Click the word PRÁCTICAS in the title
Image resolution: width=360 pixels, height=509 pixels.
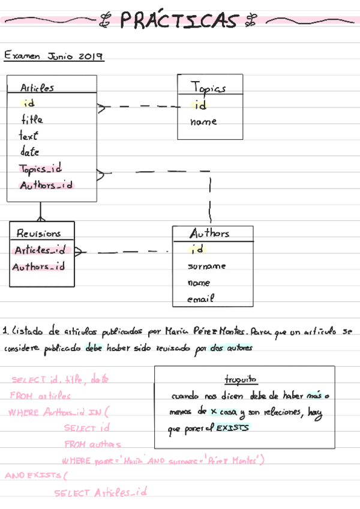[x=179, y=21]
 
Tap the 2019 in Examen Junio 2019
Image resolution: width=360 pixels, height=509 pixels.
[x=90, y=56]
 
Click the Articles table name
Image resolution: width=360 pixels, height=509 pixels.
[x=37, y=88]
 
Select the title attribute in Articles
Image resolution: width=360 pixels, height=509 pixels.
[x=32, y=119]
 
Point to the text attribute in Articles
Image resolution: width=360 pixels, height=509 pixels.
[x=28, y=136]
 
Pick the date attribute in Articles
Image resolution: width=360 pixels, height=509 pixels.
[x=29, y=152]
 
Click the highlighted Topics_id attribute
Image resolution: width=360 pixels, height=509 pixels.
[x=40, y=169]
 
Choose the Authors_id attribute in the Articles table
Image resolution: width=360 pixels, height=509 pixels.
[x=46, y=185]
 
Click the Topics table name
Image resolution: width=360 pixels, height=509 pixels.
[x=208, y=88]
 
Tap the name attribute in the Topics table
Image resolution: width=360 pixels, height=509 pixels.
[x=203, y=122]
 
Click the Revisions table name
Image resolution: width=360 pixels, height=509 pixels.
[x=38, y=233]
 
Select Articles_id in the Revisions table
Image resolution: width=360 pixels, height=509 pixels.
[x=40, y=250]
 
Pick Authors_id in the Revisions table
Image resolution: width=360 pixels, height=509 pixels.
[x=38, y=267]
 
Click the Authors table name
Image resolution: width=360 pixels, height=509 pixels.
[x=209, y=233]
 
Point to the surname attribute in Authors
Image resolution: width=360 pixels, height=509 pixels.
[x=206, y=266]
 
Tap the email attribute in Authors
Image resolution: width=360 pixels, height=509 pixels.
[x=200, y=298]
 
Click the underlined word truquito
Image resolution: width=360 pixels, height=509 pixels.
[x=241, y=379]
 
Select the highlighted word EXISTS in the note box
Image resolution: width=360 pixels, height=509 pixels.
[x=232, y=428]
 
